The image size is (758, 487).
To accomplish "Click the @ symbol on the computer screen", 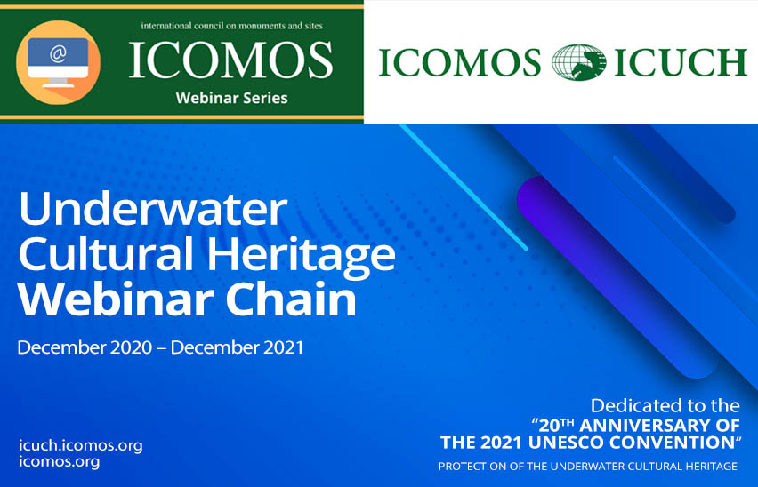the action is (x=58, y=54).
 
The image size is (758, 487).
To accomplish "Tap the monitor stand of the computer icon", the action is (x=58, y=83).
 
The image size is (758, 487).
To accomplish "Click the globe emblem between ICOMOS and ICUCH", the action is (x=578, y=62).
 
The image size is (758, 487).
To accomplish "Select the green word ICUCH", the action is (x=681, y=62).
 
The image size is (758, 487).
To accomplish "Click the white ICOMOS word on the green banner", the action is (x=230, y=60).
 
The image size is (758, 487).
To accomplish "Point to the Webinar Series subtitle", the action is (x=231, y=98).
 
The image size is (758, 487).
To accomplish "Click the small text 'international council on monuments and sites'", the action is (x=231, y=26).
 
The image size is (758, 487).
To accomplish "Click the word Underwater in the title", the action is (x=153, y=209).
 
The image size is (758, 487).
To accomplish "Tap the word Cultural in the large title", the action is (x=106, y=253).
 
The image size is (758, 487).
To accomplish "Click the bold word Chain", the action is (x=291, y=299).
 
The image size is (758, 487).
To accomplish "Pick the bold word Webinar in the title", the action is (x=115, y=299).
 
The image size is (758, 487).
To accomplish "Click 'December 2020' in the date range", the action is (x=85, y=347).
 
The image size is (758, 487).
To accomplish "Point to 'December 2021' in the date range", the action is (x=237, y=347).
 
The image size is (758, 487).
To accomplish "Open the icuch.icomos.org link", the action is (x=81, y=446).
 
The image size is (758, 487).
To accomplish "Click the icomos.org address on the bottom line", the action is (x=59, y=462).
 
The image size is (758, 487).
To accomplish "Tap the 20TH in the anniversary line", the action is (x=556, y=425).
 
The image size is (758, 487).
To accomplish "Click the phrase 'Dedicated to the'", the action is (x=665, y=405).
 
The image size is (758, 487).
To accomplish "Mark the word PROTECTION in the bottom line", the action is (x=465, y=467).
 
